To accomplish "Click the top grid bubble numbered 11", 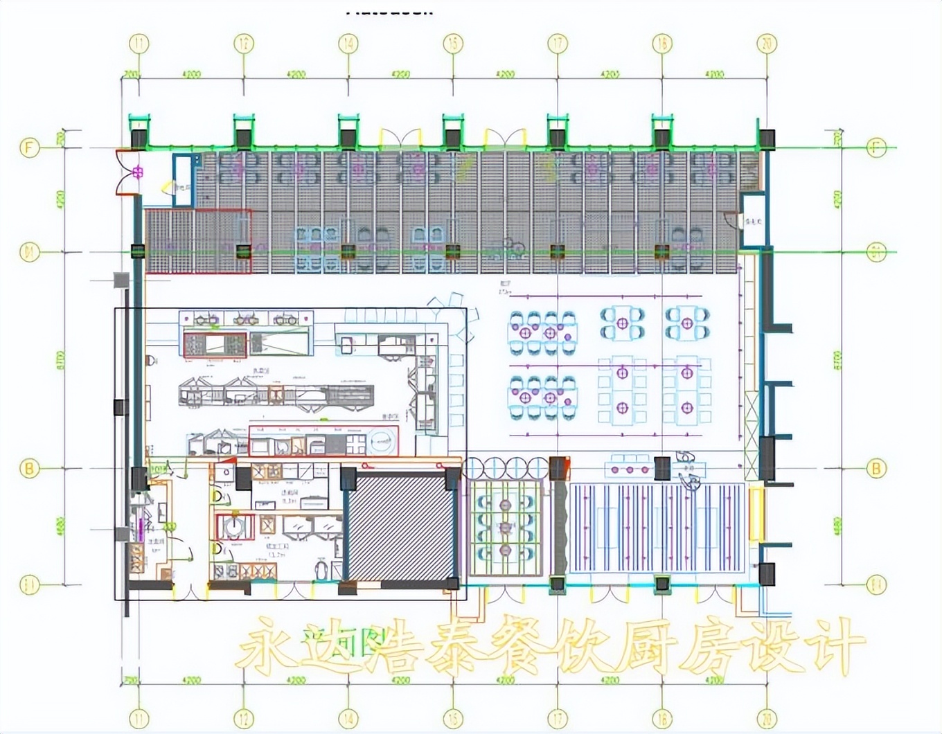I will (x=139, y=44).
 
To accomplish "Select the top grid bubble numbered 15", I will (x=453, y=44).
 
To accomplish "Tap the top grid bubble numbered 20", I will (x=767, y=44).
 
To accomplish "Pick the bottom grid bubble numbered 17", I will (x=558, y=718).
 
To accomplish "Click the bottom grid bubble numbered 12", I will (x=244, y=718).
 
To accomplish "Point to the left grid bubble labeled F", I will (x=29, y=147).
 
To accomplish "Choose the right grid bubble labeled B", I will (x=876, y=469).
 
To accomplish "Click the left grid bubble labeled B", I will (x=29, y=469).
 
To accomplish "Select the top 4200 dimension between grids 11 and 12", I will (x=191, y=74).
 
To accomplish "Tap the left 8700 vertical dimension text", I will (x=60, y=360).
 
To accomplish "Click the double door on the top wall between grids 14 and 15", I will (x=400, y=137).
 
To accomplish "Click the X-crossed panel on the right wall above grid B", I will (x=752, y=426).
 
